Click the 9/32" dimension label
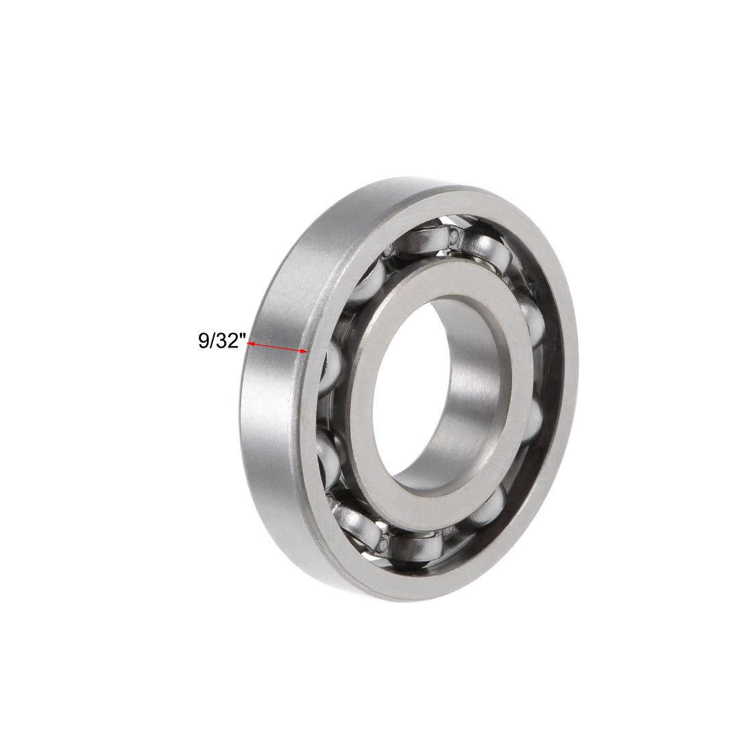[221, 341]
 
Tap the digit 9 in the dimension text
[204, 341]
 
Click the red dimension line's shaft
[277, 348]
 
